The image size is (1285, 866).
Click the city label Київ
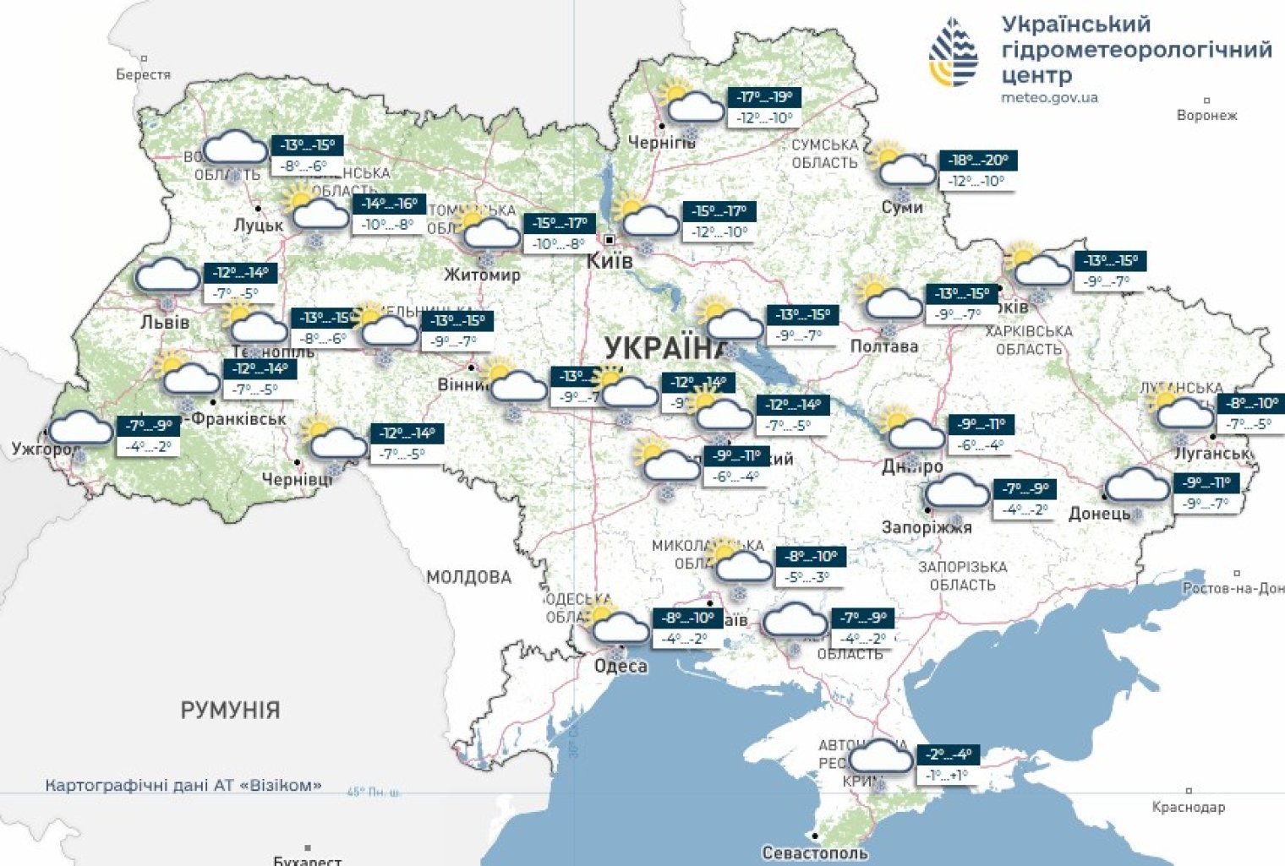point(610,260)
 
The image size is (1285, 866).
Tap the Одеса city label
point(621,666)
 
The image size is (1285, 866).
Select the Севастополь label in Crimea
point(814,852)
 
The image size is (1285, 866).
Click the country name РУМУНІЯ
point(230,710)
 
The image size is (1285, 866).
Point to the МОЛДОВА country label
point(468,578)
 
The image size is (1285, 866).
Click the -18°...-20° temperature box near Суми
point(981,161)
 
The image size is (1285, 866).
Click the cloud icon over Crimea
point(882,757)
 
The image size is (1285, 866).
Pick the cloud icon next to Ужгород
point(81,429)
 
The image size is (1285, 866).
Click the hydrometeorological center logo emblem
point(953,53)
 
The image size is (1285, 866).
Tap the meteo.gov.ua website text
point(1049,98)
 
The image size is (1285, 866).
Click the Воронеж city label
point(1206,115)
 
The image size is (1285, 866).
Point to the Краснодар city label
point(1188,807)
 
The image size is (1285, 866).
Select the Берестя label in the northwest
point(143,74)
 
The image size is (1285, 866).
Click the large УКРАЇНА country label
point(665,347)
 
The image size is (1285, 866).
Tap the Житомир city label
point(482,275)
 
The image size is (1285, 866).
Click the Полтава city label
point(883,346)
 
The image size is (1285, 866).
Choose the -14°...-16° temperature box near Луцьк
point(389,204)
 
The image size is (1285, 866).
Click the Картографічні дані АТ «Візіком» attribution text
point(183,785)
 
